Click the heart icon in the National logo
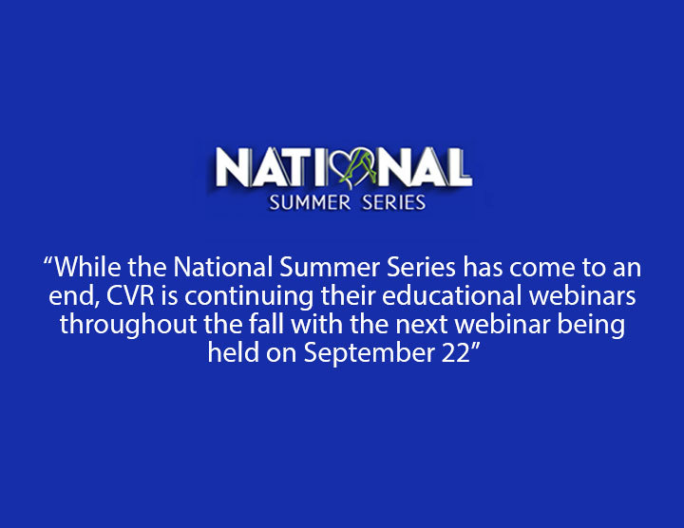pyautogui.click(x=354, y=167)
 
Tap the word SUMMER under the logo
pyautogui.click(x=310, y=202)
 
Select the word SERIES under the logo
pyautogui.click(x=394, y=202)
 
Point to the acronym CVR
pyautogui.click(x=130, y=295)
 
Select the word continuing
pyautogui.click(x=249, y=297)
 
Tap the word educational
pyautogui.click(x=452, y=295)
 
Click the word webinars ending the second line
pyautogui.click(x=582, y=295)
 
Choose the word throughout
pyautogui.click(x=128, y=326)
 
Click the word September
pyautogui.click(x=369, y=353)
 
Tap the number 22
pyautogui.click(x=454, y=352)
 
